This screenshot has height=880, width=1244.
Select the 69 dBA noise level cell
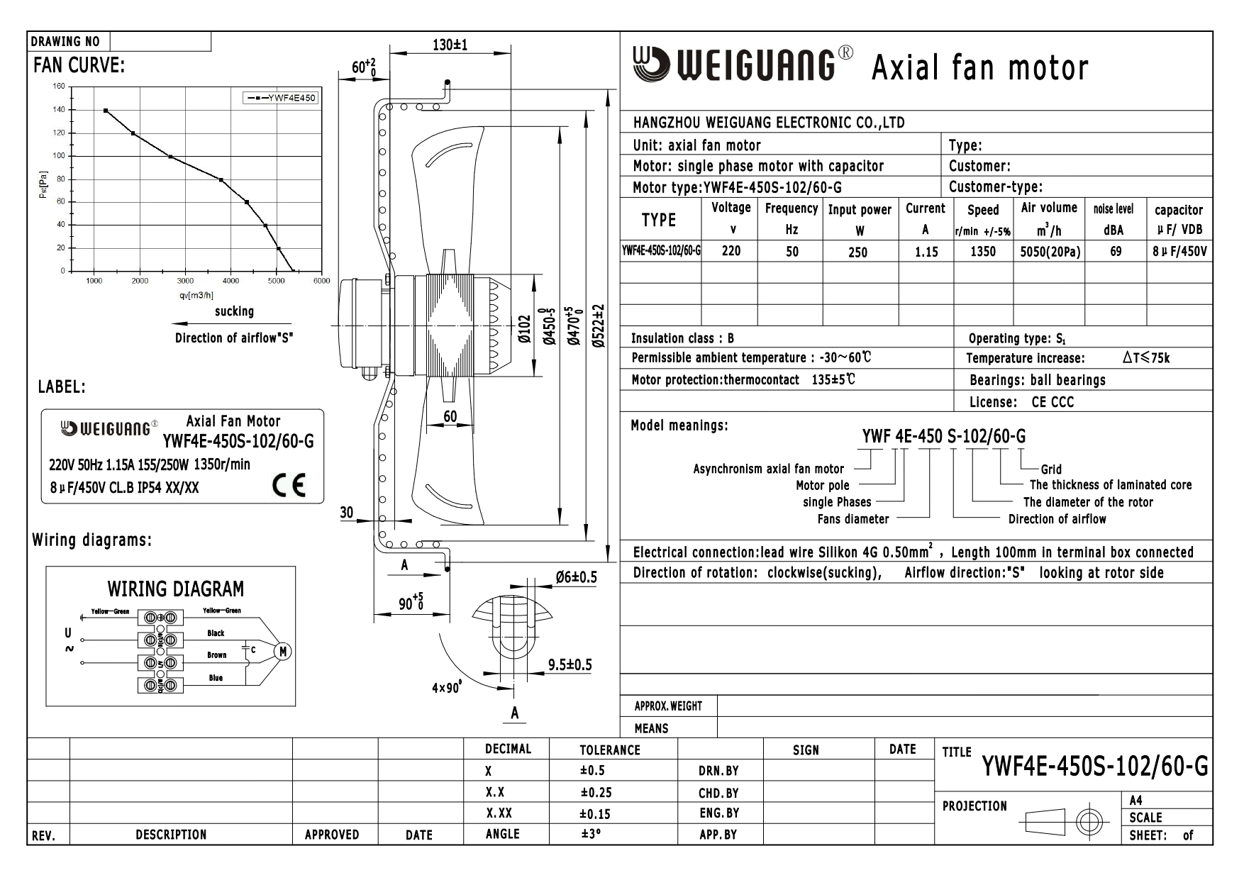pos(1116,251)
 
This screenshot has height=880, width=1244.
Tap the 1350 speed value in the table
pos(983,251)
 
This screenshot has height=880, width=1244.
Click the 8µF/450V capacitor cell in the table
pos(1179,251)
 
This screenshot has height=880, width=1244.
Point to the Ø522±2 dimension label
pos(600,326)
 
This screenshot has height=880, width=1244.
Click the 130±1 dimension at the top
pos(450,45)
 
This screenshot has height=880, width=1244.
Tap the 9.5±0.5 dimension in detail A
pos(570,664)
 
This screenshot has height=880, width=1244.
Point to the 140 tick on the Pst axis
pos(58,110)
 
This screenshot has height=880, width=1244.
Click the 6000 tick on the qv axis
pos(322,281)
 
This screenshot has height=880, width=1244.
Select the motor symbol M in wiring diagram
pos(282,652)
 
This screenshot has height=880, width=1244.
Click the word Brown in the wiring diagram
pos(217,655)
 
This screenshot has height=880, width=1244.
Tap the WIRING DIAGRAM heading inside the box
pos(175,589)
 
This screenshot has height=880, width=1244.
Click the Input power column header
pos(860,210)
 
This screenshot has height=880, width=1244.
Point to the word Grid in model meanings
pos(1051,469)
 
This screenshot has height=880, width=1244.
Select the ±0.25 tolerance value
pos(596,793)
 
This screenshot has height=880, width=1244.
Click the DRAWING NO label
pos(65,42)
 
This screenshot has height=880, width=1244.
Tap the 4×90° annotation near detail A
pos(447,687)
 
